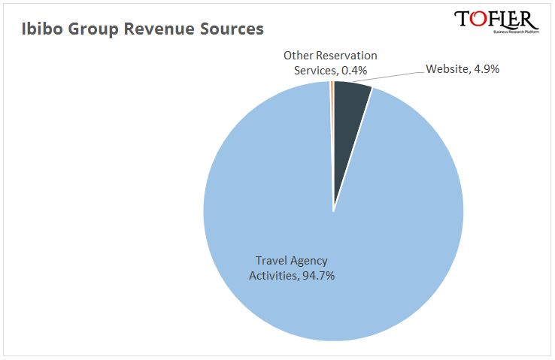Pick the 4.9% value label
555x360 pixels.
485,69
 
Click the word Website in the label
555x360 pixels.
447,69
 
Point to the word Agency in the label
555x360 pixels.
310,261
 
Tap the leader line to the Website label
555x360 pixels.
391,74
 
